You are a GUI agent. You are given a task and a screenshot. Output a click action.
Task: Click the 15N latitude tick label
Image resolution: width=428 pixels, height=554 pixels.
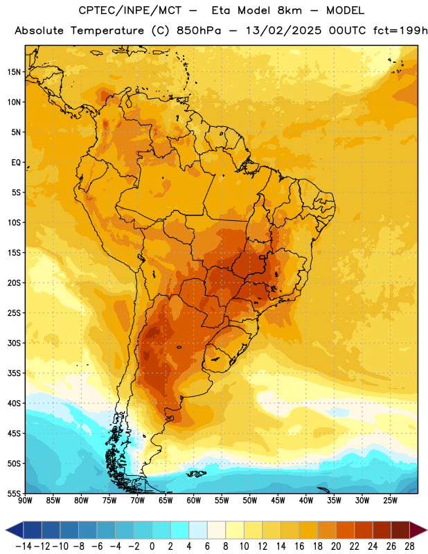(14, 72)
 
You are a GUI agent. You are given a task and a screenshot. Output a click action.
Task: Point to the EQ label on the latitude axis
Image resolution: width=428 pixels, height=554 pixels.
(16, 163)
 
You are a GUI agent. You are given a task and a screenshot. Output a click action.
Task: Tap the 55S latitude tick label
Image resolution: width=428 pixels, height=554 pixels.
(14, 493)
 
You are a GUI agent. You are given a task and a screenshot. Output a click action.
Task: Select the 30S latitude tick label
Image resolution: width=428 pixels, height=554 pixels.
(14, 343)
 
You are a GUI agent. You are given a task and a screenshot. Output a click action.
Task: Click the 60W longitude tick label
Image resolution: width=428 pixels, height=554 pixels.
(194, 501)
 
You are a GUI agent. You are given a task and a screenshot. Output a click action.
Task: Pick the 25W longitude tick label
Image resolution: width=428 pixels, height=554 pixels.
(390, 501)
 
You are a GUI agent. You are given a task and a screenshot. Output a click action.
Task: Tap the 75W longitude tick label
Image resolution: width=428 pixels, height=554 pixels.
(109, 501)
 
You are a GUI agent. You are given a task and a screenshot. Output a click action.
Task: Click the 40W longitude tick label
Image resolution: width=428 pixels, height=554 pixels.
(306, 501)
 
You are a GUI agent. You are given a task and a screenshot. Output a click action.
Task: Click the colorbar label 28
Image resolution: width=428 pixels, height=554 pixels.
(409, 546)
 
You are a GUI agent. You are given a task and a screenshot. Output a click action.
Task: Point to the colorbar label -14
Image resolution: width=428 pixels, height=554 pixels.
(24, 546)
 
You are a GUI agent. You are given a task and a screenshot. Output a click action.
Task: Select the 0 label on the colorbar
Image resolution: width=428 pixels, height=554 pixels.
(152, 546)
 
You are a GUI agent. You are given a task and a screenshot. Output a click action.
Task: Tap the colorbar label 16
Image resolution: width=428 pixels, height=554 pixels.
(299, 546)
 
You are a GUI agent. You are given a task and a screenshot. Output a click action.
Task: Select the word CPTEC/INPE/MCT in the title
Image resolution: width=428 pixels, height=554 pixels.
(130, 11)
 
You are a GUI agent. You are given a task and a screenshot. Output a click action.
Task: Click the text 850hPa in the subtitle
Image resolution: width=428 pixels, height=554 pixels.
(199, 30)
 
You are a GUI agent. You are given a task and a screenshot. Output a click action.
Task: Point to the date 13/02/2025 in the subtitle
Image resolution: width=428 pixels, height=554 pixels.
(284, 30)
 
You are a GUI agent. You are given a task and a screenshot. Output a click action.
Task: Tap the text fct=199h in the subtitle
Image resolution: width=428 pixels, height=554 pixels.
(400, 30)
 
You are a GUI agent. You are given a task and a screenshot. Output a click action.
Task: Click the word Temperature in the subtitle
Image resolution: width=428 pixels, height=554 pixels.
(107, 31)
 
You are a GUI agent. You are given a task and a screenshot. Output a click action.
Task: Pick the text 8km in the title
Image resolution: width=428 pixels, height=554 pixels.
(289, 11)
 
